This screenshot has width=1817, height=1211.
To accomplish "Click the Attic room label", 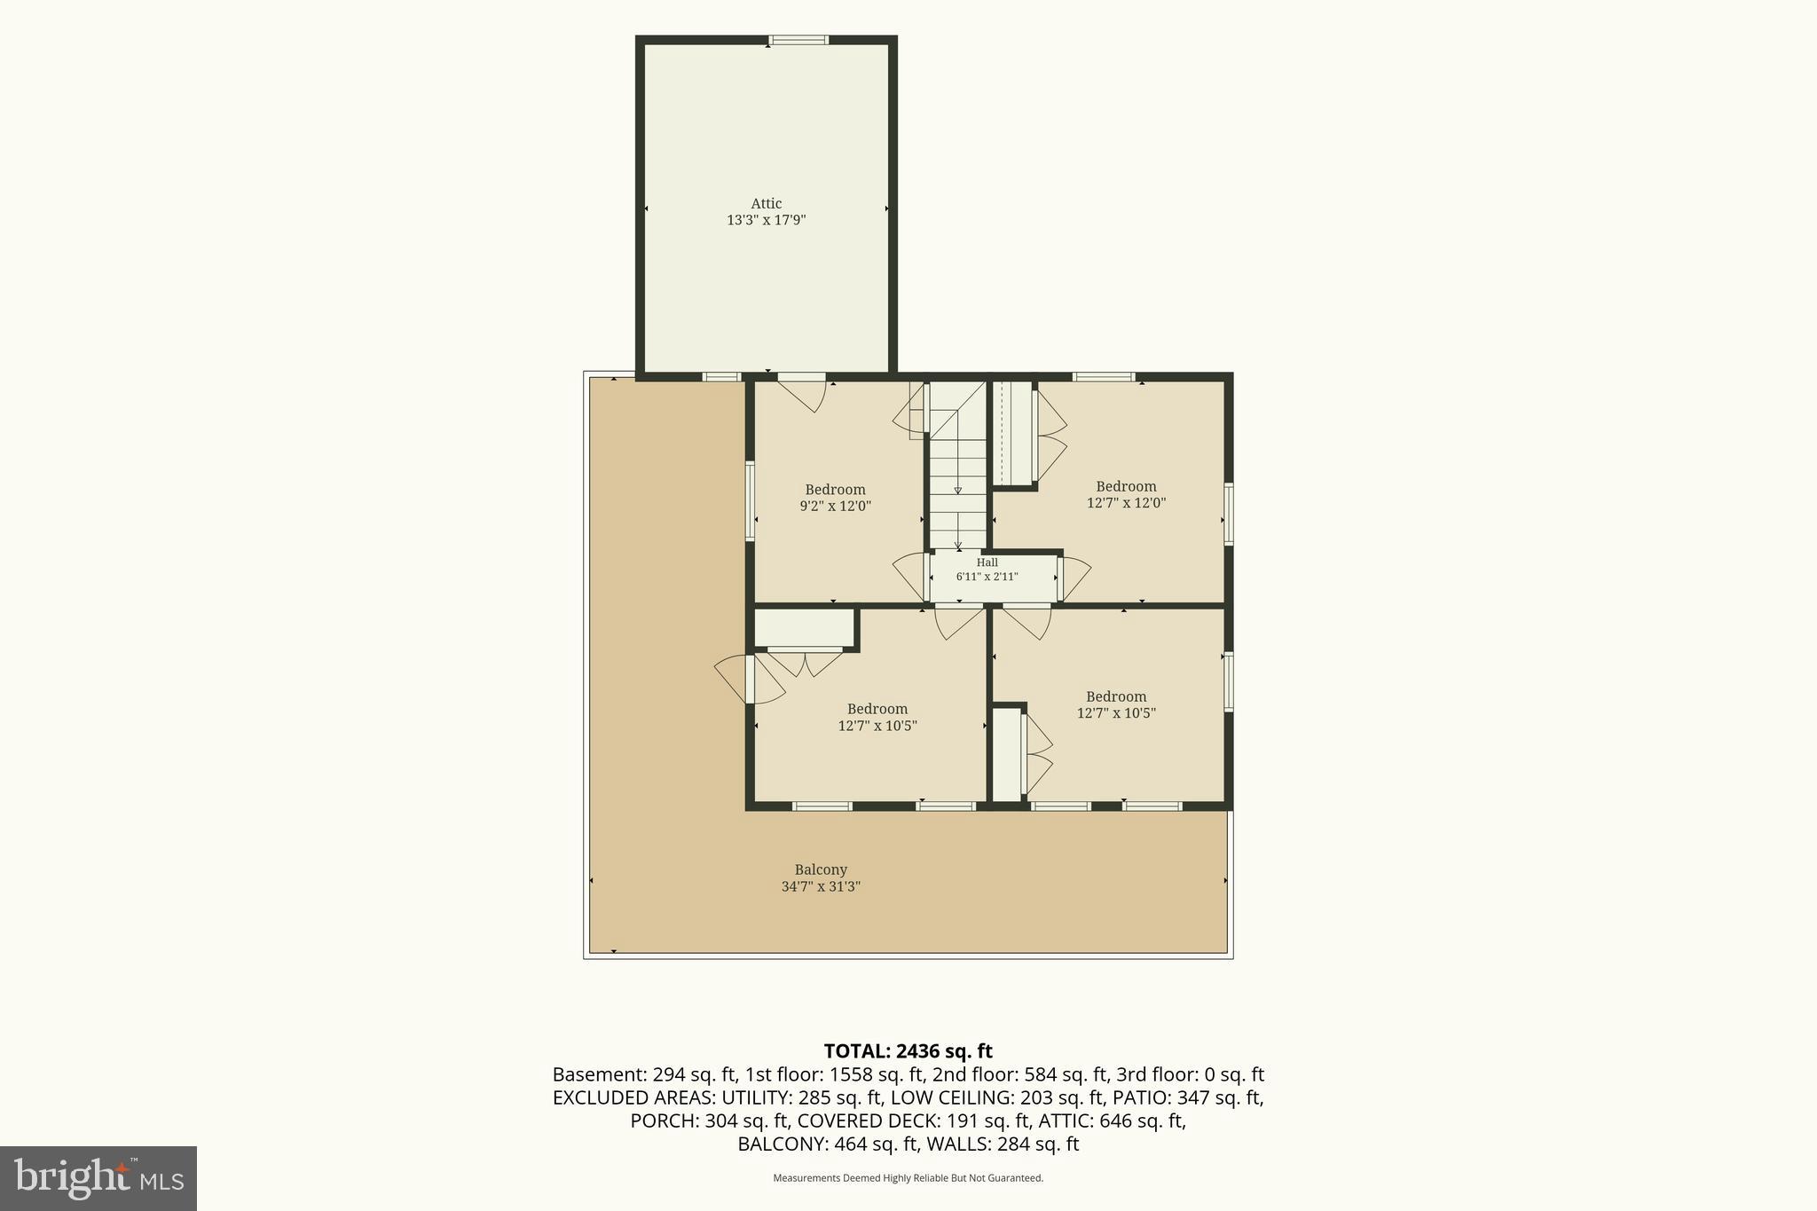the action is [x=767, y=203].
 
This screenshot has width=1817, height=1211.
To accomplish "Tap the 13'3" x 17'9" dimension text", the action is [x=767, y=220].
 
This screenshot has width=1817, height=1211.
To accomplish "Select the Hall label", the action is [x=987, y=562].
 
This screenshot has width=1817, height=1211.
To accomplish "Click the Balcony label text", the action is [x=821, y=869].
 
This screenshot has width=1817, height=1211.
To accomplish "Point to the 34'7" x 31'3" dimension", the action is [x=821, y=886].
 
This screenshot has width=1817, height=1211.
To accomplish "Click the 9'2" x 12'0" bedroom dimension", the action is [x=835, y=507].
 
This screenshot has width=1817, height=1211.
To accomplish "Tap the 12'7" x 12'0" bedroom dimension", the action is [x=1126, y=503].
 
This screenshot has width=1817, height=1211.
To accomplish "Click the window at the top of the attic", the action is [x=798, y=40].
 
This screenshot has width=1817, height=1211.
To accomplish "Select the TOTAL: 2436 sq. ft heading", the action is [x=908, y=1051].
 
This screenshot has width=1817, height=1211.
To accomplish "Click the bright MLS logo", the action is [x=98, y=1178].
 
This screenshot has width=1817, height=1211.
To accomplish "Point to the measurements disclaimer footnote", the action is [x=908, y=1178].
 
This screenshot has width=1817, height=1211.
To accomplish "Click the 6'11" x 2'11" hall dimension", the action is [x=987, y=577].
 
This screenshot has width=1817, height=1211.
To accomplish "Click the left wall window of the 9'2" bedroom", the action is [x=750, y=500].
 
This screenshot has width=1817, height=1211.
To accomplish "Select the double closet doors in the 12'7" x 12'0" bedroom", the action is [x=1050, y=435].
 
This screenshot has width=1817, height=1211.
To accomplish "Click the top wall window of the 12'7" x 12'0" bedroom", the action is [x=1104, y=377].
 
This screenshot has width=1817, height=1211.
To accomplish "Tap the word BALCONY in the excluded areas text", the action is [x=783, y=1144].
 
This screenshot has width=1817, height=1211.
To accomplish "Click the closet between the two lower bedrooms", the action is [x=1006, y=754].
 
